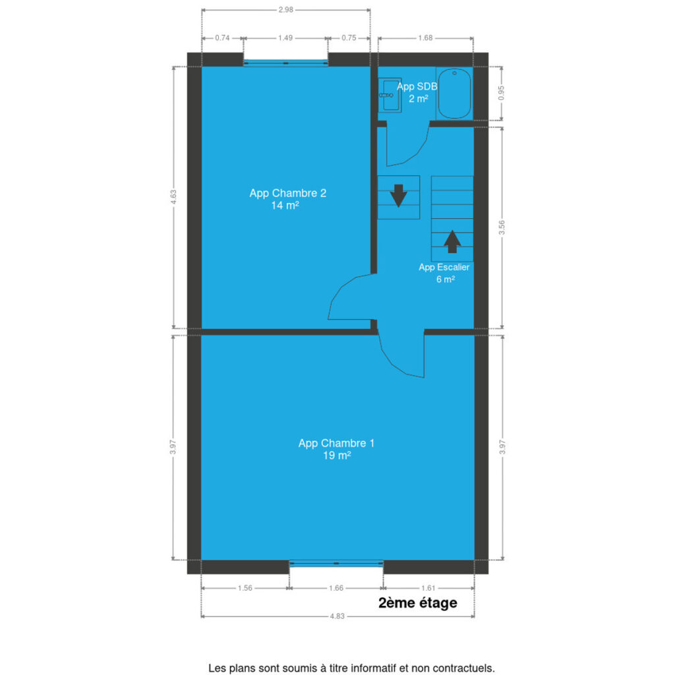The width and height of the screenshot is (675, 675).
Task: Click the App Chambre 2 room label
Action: pos(287,199)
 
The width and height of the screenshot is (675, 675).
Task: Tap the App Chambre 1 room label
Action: pos(337,449)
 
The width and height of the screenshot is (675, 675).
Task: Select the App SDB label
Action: pos(417,92)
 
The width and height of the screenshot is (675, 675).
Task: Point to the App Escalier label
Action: pos(444,273)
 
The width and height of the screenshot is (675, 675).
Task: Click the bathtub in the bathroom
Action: pos(454,93)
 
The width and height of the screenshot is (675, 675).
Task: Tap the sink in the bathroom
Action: pos(390,95)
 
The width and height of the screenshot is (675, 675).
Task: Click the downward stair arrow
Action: pos(399,196)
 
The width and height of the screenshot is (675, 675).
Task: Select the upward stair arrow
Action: pos(452,241)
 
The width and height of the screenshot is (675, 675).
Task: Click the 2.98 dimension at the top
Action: pos(286,9)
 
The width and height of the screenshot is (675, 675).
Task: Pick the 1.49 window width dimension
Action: pos(285,38)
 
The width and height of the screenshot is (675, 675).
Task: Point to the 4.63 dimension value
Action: pos(173,197)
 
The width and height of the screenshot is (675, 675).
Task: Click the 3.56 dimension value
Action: pos(502,227)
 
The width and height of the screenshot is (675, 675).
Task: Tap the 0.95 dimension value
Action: pos(501,93)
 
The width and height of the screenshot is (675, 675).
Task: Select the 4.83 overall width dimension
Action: pos(337,616)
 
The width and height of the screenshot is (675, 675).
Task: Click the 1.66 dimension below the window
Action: pos(336,588)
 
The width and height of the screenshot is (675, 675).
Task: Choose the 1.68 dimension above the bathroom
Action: pos(425,38)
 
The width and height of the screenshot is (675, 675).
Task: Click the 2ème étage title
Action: pos(417,602)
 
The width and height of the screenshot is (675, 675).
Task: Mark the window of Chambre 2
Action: pos(286,63)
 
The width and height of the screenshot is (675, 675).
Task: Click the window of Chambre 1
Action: pos(336,563)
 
